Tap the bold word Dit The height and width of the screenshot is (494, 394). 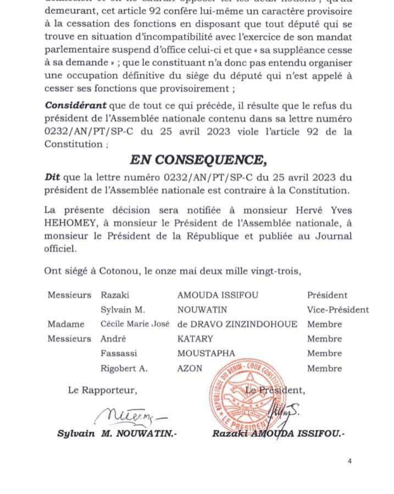click(x=53, y=177)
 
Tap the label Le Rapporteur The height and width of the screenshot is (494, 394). click(x=102, y=391)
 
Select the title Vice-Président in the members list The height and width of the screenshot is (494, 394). click(x=337, y=310)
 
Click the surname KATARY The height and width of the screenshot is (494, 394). click(x=195, y=339)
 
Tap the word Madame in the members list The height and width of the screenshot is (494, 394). click(x=66, y=324)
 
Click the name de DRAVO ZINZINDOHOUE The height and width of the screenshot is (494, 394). click(x=237, y=324)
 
